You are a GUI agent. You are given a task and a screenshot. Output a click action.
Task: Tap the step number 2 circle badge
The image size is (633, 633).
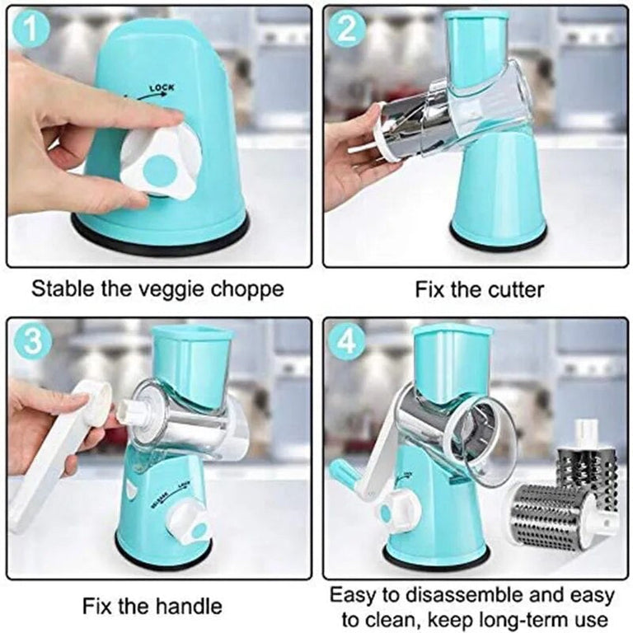coord(347,30)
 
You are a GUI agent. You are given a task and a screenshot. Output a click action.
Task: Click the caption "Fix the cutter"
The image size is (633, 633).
coord(479,290)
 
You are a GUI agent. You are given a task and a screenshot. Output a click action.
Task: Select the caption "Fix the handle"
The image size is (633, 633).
coord(152,607)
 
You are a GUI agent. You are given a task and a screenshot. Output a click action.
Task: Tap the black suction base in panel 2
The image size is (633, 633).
coord(498,239)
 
